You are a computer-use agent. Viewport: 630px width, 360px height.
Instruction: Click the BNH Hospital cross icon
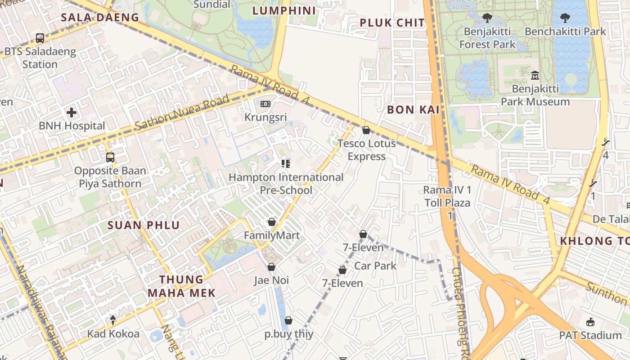[71, 112]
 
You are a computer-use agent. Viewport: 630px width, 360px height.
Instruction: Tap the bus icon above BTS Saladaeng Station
[40, 38]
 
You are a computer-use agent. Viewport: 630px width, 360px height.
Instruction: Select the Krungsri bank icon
[265, 104]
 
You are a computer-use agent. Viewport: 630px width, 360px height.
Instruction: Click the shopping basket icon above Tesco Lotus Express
[366, 130]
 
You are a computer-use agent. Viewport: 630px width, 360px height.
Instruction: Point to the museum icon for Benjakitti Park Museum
[535, 75]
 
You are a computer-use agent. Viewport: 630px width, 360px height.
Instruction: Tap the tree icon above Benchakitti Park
[565, 18]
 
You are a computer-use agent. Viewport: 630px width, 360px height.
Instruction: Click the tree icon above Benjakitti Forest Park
[487, 18]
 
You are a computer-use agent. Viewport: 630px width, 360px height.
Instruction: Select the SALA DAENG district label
[100, 18]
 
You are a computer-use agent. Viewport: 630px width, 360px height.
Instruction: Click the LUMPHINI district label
[284, 10]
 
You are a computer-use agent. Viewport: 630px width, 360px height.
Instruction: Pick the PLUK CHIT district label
[392, 22]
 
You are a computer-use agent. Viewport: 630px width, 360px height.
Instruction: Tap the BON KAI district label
[413, 109]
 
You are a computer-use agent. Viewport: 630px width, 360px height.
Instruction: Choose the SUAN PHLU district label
[144, 225]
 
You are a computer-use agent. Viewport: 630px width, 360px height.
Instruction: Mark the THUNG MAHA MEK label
[181, 286]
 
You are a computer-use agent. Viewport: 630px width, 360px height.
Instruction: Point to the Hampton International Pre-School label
[286, 184]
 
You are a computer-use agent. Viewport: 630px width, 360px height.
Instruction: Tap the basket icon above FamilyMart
[271, 222]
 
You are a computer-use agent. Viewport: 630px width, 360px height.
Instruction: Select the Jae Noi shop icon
[271, 267]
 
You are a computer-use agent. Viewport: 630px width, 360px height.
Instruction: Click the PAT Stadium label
[590, 335]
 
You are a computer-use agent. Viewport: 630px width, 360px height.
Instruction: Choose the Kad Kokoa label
[113, 334]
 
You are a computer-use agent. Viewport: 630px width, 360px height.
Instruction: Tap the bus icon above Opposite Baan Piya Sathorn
[110, 157]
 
